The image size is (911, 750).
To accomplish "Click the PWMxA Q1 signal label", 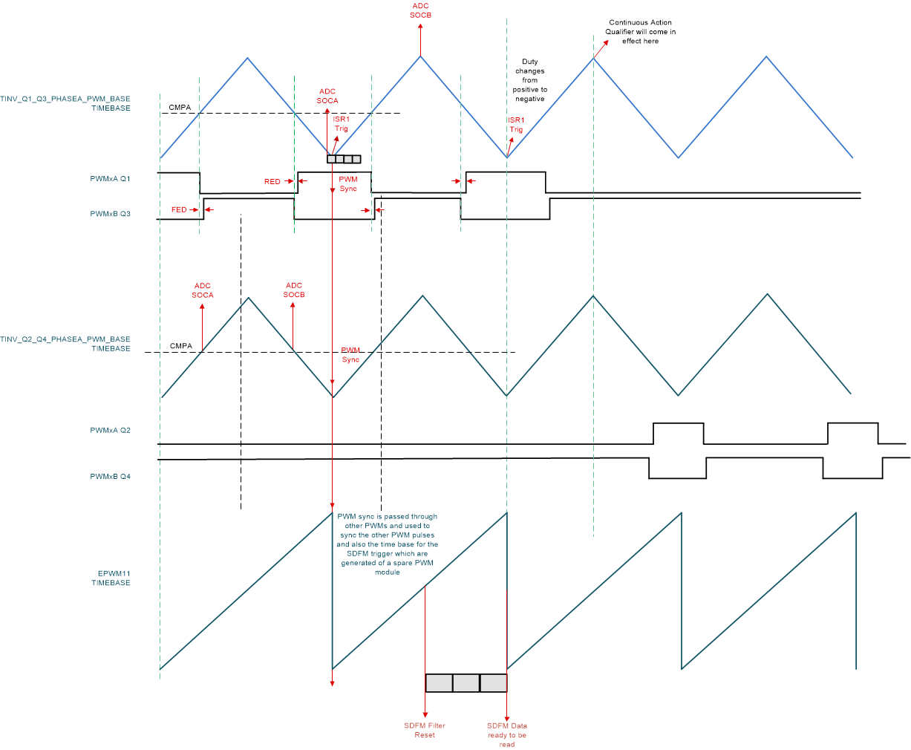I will click(x=110, y=178).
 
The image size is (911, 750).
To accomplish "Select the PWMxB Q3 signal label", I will click(x=110, y=214).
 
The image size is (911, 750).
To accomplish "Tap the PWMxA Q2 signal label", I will click(x=110, y=430).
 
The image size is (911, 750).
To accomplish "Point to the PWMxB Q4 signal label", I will click(x=110, y=476).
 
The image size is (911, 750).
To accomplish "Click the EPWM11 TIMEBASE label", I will click(x=111, y=578).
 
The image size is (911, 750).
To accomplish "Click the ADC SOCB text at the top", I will click(x=420, y=10).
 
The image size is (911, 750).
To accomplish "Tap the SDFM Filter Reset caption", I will click(x=425, y=730).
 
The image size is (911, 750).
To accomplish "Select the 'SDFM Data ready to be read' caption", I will click(x=507, y=734).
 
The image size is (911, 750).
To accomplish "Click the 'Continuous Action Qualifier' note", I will click(x=641, y=32).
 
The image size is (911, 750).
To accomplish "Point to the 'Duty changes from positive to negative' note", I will click(x=530, y=80).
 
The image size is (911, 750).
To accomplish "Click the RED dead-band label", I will click(x=272, y=182).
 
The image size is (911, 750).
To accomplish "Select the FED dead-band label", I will click(x=179, y=210).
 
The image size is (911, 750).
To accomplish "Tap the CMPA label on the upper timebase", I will click(x=180, y=108).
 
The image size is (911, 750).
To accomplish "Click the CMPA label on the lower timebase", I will click(x=180, y=346).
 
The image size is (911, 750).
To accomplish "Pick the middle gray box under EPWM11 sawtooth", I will click(x=466, y=683).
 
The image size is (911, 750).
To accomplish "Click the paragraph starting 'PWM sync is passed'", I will click(x=387, y=544).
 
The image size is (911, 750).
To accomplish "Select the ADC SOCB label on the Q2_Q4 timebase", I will click(x=294, y=290).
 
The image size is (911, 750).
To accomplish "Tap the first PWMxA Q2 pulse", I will click(x=678, y=433).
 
